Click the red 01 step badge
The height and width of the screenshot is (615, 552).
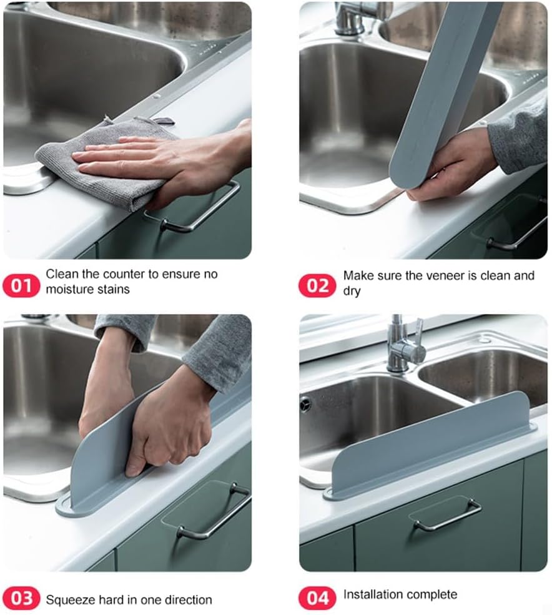tap(22, 286)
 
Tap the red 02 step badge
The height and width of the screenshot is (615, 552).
tap(317, 286)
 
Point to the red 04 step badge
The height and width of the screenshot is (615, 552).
tap(317, 598)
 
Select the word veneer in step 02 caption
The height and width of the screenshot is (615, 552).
tap(441, 275)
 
